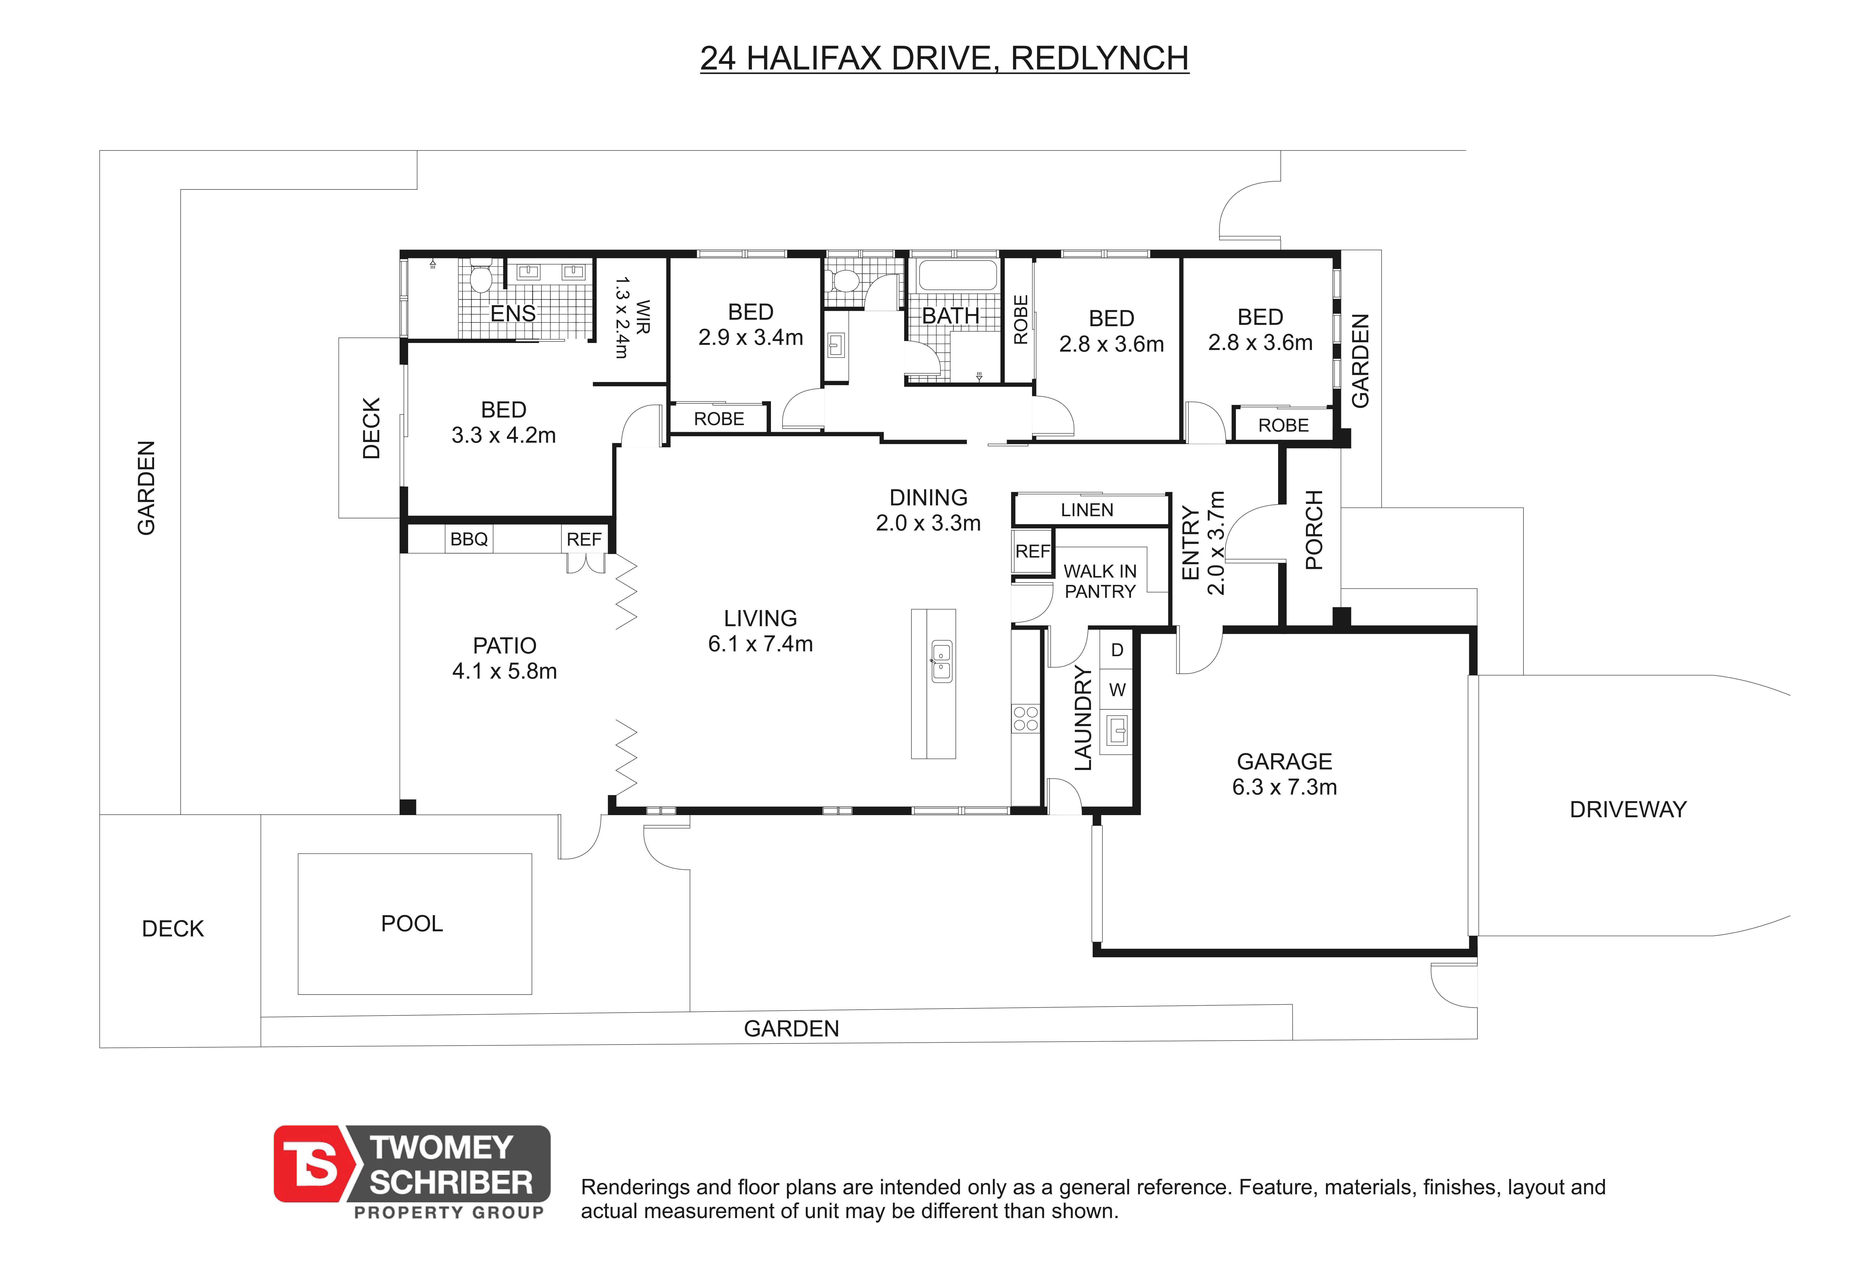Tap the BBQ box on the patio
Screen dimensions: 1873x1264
[469, 539]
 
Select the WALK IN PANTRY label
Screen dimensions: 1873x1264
[1100, 581]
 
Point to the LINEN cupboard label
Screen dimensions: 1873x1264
[1087, 510]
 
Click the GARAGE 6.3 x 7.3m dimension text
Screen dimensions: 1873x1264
[1285, 787]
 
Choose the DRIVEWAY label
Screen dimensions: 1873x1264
[1628, 810]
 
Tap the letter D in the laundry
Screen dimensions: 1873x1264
[1117, 650]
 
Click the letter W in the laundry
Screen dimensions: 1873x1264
[1117, 690]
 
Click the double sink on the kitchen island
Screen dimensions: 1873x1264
[941, 661]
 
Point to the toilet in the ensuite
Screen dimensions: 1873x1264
[481, 275]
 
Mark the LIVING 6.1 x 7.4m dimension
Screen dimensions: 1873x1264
[760, 644]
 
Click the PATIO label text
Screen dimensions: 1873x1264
[504, 645]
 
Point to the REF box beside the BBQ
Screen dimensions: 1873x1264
[584, 539]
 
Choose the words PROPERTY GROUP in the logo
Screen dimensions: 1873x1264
[449, 1212]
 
